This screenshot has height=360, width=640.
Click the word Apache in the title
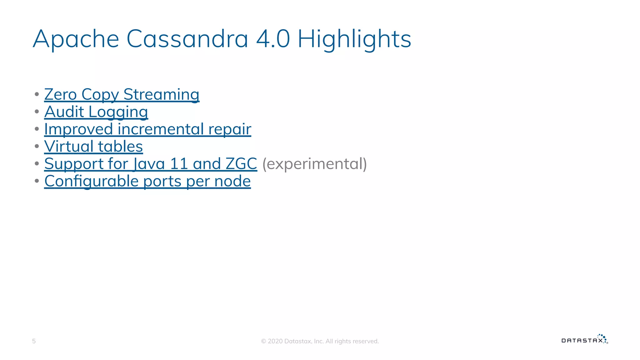pos(76,39)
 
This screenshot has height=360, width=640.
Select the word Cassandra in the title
pos(187,39)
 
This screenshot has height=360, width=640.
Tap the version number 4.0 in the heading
pos(273,39)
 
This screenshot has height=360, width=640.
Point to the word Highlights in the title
pos(354,39)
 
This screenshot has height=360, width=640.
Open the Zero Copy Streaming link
pos(122,94)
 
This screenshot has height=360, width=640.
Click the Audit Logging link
pos(96,112)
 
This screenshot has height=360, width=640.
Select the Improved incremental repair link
pos(147,129)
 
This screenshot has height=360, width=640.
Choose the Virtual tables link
pos(93,146)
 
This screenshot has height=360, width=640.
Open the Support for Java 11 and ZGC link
pos(150,164)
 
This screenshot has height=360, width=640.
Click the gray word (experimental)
pos(314,164)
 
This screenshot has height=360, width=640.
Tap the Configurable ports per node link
pos(147,181)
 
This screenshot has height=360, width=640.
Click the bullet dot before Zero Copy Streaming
pos(37,94)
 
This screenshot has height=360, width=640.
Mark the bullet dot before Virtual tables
pos(37,146)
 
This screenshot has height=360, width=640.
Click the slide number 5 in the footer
pos(34,341)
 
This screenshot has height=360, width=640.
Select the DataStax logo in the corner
pos(584,339)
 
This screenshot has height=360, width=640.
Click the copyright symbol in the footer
pos(263,341)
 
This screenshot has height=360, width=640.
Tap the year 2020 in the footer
pos(275,341)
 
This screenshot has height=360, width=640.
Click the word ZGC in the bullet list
pos(241,164)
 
